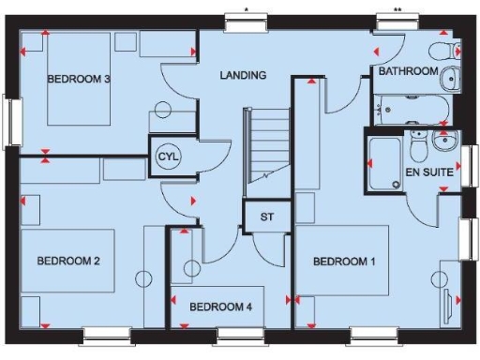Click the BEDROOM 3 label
coord(80,80)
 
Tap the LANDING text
coord(243,75)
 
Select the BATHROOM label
coord(408,71)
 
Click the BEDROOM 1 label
coord(344,262)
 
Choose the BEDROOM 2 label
coord(68,262)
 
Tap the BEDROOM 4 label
coord(220,306)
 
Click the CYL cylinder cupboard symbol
coord(167,155)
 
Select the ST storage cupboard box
coord(264,217)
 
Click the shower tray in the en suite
coord(384,164)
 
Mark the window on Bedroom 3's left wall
coord(11,120)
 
